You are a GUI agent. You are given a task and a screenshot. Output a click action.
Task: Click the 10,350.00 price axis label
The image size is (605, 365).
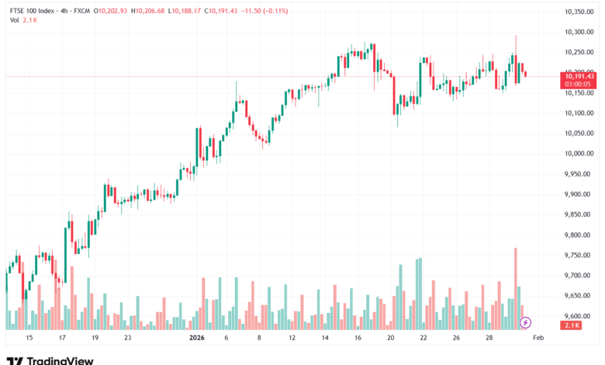coord(579,12)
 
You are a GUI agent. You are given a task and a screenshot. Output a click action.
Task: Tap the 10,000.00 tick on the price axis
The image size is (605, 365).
coord(579,154)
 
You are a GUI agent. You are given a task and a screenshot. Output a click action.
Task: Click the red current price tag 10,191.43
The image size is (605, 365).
coord(579,75)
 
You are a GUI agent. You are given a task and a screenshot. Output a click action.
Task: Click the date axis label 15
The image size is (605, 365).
coord(29,339)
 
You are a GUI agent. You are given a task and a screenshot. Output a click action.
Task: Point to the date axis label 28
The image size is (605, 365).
coord(489,339)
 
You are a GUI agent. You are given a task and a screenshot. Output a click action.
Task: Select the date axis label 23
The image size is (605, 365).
coord(127,339)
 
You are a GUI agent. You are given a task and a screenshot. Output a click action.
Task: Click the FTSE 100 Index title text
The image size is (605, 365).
coord(32,12)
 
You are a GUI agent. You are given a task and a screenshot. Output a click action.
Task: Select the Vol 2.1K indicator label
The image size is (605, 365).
coord(24,20)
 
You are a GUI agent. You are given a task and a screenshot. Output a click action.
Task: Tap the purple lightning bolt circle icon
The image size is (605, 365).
coord(525,322)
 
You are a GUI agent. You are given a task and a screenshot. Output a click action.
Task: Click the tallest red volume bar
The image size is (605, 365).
coord(515,287)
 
